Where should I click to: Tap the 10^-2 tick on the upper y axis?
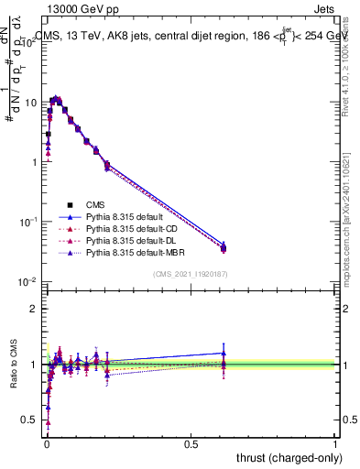tap(26, 281)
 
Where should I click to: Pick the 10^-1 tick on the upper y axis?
tap(26, 222)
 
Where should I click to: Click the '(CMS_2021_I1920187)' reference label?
tap(190, 273)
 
